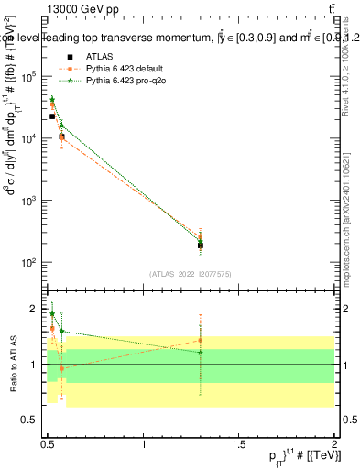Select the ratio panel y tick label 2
coord(36,310)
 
